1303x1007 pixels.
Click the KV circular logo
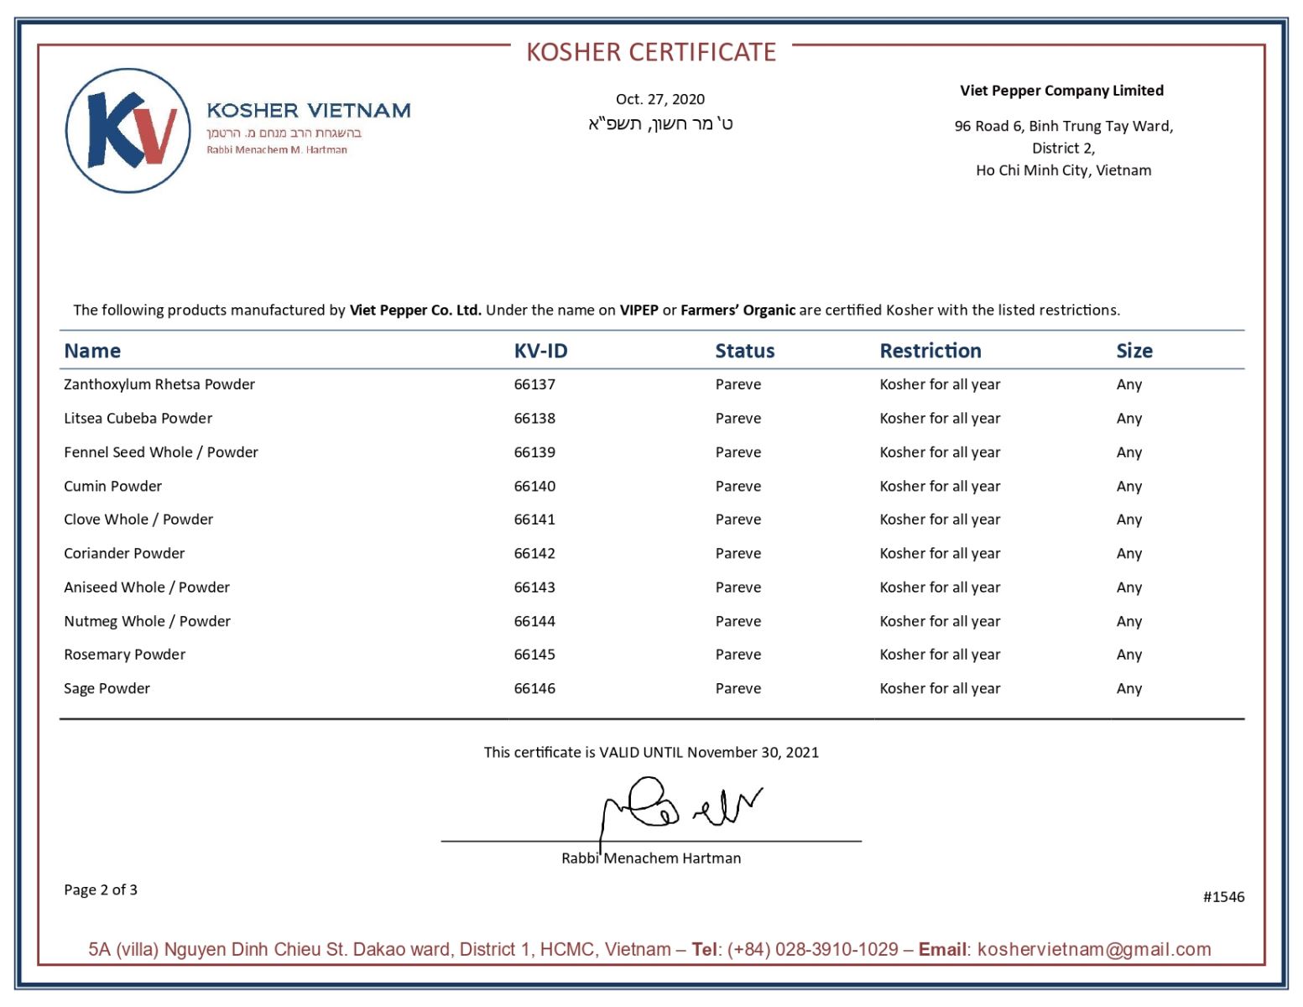tap(128, 131)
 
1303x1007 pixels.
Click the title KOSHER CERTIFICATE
tap(651, 52)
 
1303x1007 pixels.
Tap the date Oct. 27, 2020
tap(660, 99)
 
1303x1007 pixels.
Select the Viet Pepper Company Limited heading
tap(1061, 91)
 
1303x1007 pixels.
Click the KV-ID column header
tap(540, 351)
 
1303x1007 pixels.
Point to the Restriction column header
tap(930, 351)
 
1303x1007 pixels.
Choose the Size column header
tap(1134, 351)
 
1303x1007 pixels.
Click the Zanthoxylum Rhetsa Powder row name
tap(159, 384)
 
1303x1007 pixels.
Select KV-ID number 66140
tap(534, 486)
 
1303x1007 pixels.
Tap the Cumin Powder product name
tap(112, 486)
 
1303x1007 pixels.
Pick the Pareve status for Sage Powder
tap(738, 688)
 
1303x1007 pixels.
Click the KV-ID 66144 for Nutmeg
tap(534, 621)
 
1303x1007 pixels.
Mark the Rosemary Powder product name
tap(124, 655)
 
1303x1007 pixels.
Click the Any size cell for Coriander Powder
tap(1128, 553)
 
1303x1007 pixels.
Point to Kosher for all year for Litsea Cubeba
tap(940, 418)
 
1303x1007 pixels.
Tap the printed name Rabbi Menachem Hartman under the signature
tap(651, 858)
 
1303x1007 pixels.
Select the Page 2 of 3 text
tap(101, 890)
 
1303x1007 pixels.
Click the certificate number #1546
tap(1223, 896)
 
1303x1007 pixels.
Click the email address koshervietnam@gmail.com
tap(1094, 949)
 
